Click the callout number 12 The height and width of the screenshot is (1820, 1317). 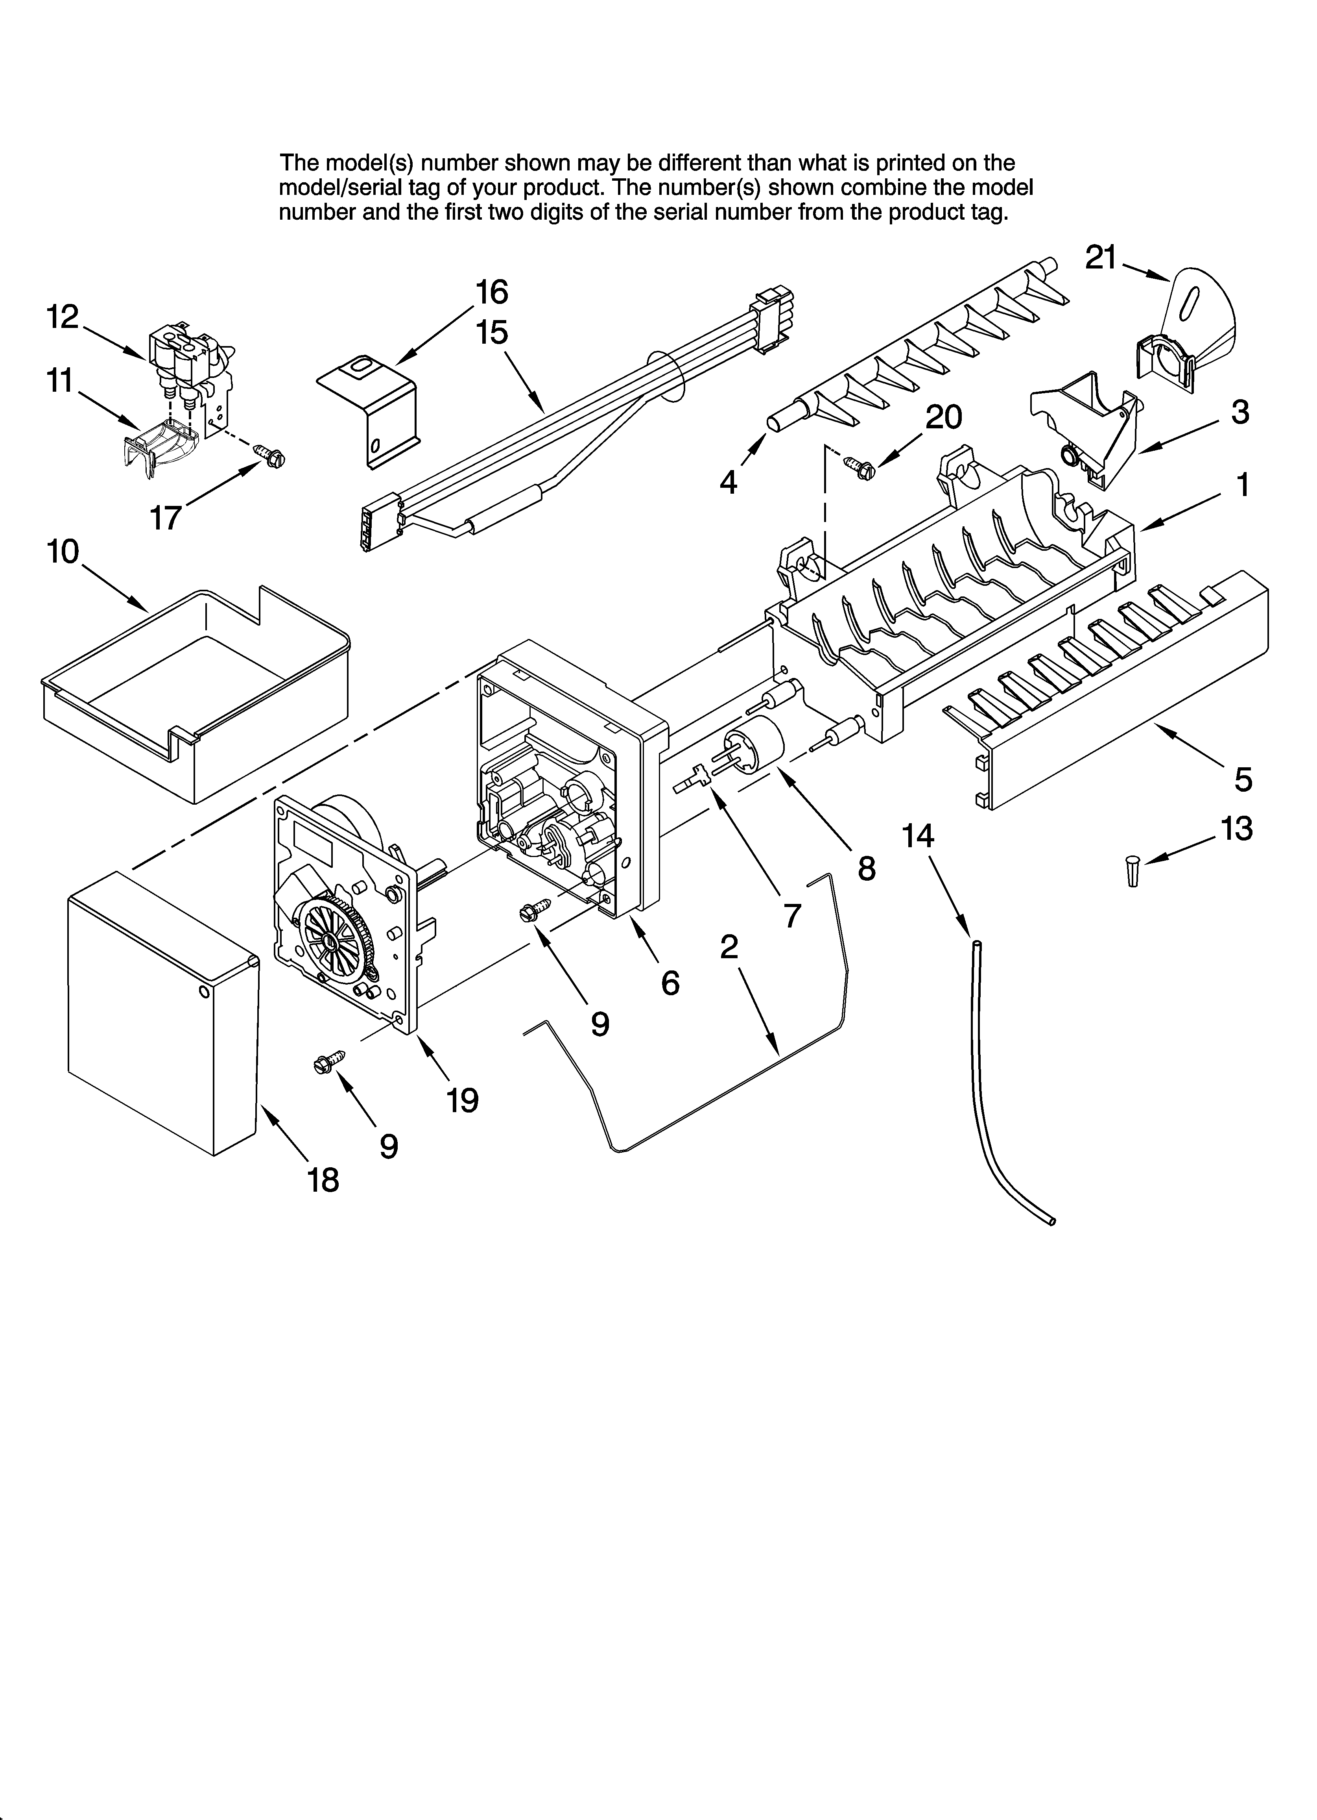pos(62,318)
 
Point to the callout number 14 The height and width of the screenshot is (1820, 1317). pos(918,836)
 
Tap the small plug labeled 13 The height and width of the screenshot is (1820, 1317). pos(1132,870)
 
